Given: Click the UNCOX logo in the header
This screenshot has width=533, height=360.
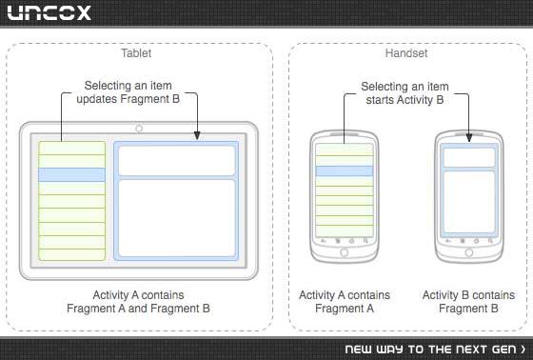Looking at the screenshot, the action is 49,13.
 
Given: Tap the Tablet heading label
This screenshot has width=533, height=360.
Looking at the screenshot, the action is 136,53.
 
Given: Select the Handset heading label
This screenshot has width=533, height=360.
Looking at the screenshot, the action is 406,53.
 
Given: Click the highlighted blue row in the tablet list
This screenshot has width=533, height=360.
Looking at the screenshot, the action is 71,174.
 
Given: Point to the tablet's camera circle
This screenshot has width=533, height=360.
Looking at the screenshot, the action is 139,129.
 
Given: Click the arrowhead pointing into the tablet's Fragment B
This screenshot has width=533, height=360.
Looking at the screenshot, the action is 197,135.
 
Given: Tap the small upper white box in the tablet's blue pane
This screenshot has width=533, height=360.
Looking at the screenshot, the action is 177,161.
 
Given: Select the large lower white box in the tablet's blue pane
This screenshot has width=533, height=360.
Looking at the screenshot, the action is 177,218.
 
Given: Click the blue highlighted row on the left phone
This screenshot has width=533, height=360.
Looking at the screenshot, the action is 345,170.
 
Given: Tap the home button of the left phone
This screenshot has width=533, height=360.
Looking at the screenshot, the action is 344,252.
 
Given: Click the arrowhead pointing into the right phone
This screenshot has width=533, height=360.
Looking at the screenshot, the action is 469,137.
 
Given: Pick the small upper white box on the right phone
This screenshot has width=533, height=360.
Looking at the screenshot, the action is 469,157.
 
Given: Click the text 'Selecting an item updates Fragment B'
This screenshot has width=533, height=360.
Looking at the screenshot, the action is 128,92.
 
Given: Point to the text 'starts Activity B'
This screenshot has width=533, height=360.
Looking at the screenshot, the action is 405,100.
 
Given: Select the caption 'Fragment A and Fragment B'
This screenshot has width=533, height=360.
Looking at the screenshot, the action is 138,309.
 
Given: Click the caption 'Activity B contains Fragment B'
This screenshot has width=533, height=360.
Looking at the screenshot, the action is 468,302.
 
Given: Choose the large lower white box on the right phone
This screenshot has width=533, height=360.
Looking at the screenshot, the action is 469,202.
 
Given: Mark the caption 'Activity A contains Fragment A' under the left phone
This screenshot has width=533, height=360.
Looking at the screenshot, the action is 345,302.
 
